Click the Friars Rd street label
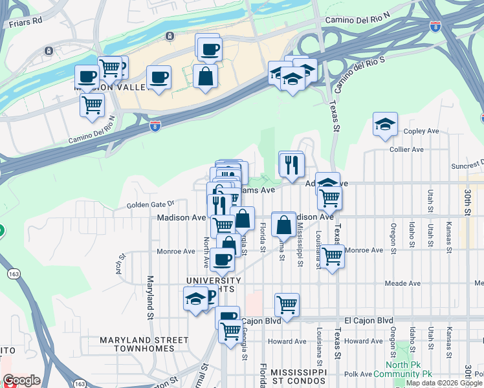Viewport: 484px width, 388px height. pos(26,21)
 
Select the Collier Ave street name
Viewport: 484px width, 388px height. pos(407,149)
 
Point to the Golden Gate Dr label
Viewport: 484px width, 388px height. pos(151,204)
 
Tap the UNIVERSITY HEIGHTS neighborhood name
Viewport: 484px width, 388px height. pos(214,285)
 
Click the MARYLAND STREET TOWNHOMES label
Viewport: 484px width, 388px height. pos(144,344)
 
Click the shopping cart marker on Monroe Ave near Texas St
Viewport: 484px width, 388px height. pos(332,256)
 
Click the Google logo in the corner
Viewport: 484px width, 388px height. pos(21,380)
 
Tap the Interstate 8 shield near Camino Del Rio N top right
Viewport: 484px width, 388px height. pos(434,27)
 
